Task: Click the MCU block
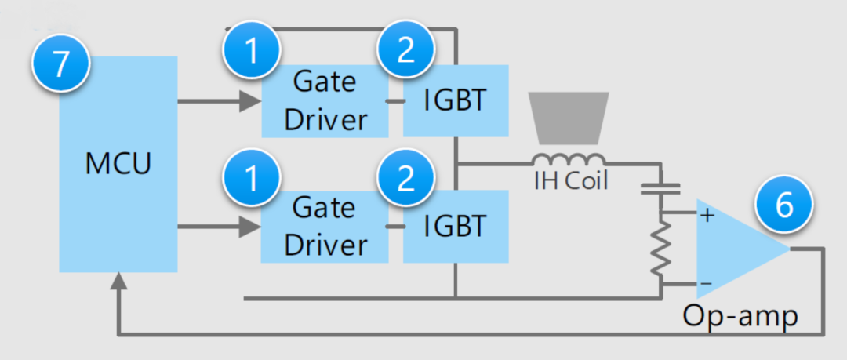118,165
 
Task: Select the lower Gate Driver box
325,227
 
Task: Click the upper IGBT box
456,100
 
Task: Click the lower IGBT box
456,227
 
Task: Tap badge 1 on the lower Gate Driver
252,180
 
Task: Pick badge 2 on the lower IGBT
405,180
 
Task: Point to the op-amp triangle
733,246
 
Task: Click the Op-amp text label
740,315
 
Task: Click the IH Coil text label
570,182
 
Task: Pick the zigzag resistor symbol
661,247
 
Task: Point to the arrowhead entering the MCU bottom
118,282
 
